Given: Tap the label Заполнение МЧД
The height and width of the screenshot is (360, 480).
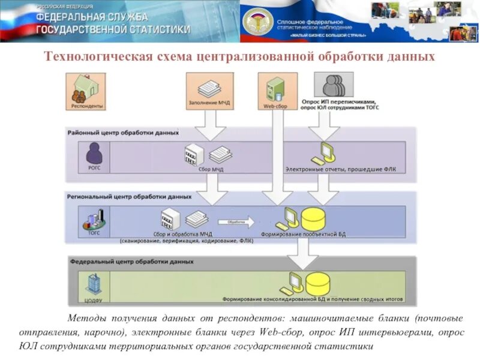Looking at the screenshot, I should click(209, 104).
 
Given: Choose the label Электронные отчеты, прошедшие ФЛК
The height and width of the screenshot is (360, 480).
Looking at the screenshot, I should click(340, 169).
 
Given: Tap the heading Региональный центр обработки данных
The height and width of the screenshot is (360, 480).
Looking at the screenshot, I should click(128, 196).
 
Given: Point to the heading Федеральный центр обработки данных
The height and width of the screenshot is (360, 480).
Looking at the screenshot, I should click(131, 262).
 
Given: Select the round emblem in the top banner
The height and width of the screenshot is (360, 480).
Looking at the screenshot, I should click(257, 22).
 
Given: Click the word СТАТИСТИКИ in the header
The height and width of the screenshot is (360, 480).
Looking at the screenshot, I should click(155, 29).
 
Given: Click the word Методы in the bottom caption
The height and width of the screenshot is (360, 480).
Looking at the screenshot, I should click(87, 317).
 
